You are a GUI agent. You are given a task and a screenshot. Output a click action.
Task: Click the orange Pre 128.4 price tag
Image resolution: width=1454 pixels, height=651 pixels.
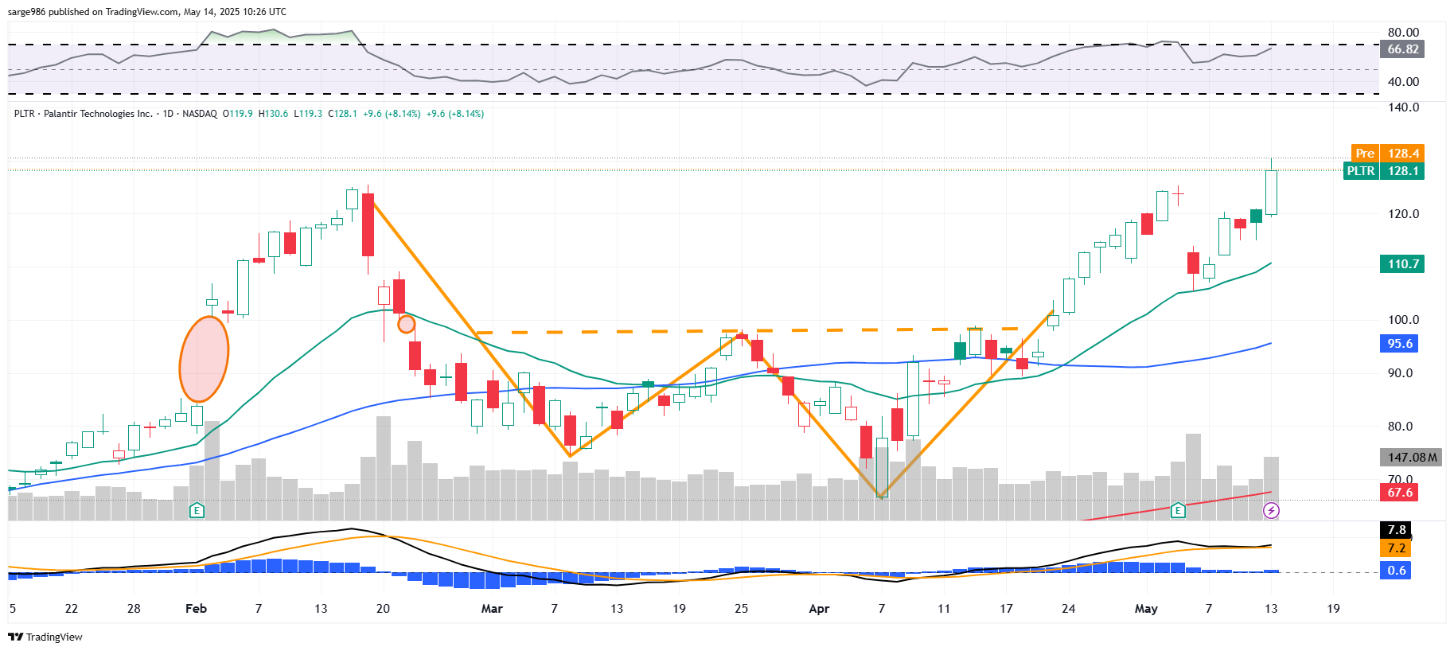pyautogui.click(x=1387, y=153)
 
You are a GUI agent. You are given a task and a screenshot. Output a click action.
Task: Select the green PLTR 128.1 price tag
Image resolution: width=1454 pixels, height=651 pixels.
pyautogui.click(x=1383, y=170)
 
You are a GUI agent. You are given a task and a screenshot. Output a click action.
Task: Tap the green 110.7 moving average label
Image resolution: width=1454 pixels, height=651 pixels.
pyautogui.click(x=1402, y=263)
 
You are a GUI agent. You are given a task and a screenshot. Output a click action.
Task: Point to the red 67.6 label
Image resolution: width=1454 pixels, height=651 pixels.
pyautogui.click(x=1400, y=492)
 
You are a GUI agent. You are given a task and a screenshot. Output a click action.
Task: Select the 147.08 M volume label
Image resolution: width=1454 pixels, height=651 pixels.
pyautogui.click(x=1409, y=457)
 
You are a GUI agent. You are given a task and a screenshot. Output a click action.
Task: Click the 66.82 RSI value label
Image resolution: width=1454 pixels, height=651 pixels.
pyautogui.click(x=1402, y=49)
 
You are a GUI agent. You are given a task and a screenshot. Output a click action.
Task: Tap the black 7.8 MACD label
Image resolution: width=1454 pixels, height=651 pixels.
pyautogui.click(x=1397, y=529)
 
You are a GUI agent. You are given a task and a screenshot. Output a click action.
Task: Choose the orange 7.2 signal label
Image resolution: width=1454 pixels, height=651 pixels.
pyautogui.click(x=1396, y=548)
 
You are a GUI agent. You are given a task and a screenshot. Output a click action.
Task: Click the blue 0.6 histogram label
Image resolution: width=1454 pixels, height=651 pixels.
pyautogui.click(x=1396, y=570)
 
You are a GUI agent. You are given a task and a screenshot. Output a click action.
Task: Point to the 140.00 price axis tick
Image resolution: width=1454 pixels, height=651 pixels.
pyautogui.click(x=1403, y=107)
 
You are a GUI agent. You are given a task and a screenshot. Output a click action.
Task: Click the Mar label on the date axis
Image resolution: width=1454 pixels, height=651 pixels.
pyautogui.click(x=492, y=609)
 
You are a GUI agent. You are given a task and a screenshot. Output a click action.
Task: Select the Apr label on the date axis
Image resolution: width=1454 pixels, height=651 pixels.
pyautogui.click(x=819, y=609)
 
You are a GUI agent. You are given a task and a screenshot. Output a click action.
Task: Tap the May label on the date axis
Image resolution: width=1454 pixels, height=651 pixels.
pyautogui.click(x=1146, y=609)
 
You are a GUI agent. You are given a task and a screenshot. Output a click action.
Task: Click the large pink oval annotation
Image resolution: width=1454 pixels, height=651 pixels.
pyautogui.click(x=204, y=359)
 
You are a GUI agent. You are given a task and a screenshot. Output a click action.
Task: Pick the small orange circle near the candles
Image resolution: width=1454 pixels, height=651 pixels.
pyautogui.click(x=406, y=324)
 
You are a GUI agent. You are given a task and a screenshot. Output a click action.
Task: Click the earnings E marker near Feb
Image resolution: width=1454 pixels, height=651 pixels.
pyautogui.click(x=197, y=510)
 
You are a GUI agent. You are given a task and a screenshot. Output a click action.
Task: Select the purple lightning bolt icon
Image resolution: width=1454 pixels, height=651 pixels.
pyautogui.click(x=1271, y=510)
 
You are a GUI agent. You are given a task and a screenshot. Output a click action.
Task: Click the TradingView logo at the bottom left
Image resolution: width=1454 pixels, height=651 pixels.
pyautogui.click(x=45, y=637)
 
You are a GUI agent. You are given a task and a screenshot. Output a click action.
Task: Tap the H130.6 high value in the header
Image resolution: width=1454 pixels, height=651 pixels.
pyautogui.click(x=273, y=114)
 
